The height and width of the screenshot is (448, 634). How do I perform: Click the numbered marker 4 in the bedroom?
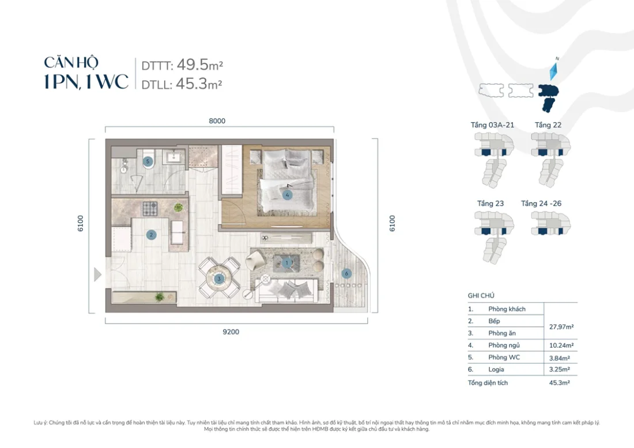click(287, 195)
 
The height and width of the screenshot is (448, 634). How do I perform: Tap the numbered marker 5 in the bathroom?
click(148, 162)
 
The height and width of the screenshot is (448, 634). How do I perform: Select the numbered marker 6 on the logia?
click(345, 273)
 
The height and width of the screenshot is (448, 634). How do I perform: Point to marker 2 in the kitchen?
click(151, 234)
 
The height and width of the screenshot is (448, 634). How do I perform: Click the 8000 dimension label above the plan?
click(217, 121)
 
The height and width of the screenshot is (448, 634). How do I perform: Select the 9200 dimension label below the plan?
click(231, 332)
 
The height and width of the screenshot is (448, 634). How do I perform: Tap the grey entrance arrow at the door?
click(97, 275)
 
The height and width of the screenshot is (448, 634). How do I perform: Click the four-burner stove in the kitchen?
click(150, 207)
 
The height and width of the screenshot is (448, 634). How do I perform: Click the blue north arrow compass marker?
click(553, 71)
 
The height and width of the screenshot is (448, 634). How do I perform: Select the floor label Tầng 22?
click(548, 124)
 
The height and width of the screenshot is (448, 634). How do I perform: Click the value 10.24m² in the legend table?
click(560, 346)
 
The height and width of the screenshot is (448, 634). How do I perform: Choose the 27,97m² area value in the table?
click(560, 326)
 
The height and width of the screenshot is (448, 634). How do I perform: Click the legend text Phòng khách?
click(506, 309)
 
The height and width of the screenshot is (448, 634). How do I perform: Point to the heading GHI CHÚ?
click(481, 294)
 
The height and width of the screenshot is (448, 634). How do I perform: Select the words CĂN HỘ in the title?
click(71, 62)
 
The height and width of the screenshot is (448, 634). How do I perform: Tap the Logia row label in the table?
click(496, 370)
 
